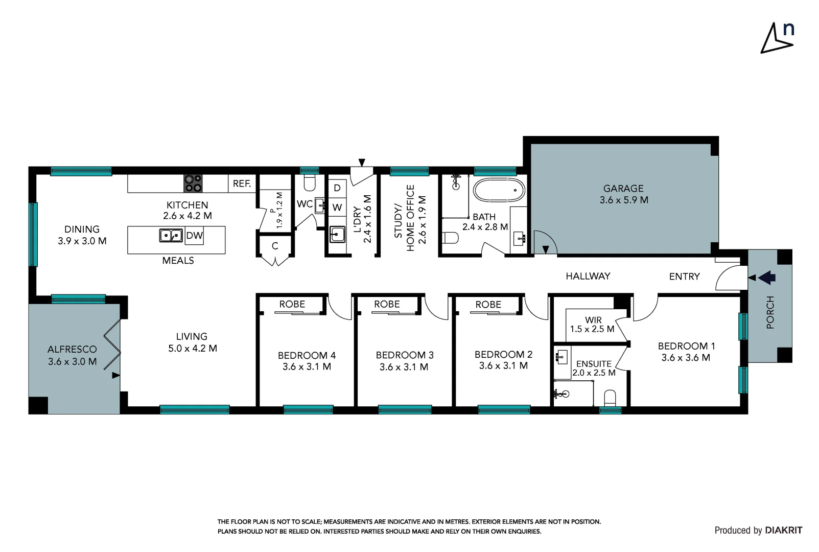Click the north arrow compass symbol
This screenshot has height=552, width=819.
[777, 38]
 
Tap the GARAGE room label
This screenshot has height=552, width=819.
[623, 189]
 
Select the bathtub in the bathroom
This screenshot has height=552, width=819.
[499, 190]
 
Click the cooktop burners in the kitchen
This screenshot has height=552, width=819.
[193, 183]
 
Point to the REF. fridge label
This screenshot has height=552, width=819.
[242, 183]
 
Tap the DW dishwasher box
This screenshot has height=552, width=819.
[194, 236]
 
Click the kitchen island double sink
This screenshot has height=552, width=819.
[171, 236]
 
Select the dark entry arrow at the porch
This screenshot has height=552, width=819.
[766, 278]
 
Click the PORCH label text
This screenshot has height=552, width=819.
[770, 312]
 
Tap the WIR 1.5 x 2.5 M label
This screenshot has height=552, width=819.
[593, 325]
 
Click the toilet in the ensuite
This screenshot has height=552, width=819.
[610, 398]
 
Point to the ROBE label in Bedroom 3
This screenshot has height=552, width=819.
[387, 304]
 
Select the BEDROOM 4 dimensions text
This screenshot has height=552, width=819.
[307, 366]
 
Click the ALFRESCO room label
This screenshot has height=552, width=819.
[72, 349]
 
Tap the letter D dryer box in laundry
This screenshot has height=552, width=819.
[337, 188]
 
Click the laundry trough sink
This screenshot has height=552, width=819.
[337, 235]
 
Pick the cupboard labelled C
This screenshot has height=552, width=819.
[275, 246]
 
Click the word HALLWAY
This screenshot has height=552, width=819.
[588, 276]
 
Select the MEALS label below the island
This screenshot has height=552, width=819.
[178, 261]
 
